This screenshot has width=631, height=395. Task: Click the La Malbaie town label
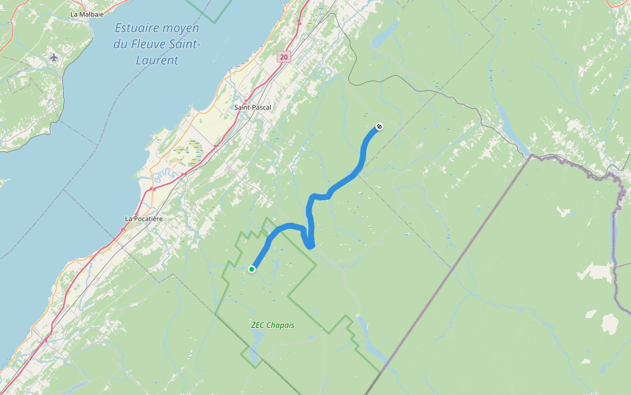click(85, 14)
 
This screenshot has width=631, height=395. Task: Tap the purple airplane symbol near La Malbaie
click(54, 57)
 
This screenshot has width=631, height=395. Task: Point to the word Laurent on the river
click(158, 61)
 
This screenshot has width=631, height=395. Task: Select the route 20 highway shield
click(283, 57)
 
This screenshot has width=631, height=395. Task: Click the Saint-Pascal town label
click(253, 107)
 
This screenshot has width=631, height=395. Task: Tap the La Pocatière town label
click(144, 219)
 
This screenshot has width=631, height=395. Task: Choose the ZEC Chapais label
click(272, 325)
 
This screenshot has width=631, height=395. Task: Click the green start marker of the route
click(252, 269)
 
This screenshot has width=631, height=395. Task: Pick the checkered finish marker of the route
click(379, 126)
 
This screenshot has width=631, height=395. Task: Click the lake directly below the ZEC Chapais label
click(256, 342)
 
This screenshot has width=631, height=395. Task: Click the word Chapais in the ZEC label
click(281, 325)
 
